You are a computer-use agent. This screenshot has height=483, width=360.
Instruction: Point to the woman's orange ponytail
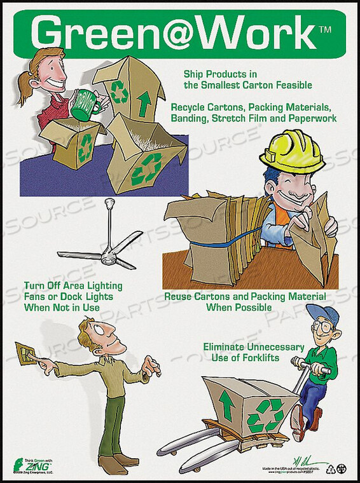25,89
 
